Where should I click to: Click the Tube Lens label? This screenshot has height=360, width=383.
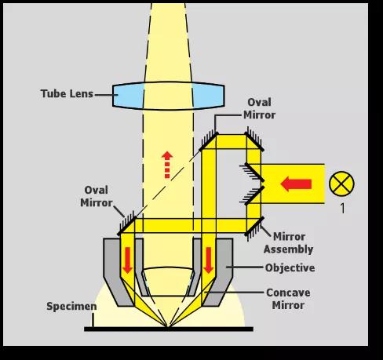point(67,93)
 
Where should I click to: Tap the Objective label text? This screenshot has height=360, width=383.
point(290,267)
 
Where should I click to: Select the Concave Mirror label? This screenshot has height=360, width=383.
point(288,299)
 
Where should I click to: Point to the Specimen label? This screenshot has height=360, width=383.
point(71,306)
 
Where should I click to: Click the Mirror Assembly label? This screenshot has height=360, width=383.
point(289,243)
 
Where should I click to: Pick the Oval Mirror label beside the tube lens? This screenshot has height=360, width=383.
point(259,108)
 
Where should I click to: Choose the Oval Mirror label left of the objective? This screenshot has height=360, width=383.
point(97,196)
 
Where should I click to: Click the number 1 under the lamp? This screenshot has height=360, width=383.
point(342,208)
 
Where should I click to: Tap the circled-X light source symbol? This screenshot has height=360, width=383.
point(341,184)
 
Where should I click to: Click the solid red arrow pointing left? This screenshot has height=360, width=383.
point(296,184)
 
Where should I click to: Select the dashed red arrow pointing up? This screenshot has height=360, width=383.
point(167,165)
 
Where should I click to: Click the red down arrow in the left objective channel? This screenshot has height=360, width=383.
point(127,260)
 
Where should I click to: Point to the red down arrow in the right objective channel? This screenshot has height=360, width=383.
point(209,260)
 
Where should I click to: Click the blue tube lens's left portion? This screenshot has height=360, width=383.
point(128,95)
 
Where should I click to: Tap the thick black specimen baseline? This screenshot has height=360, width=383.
point(169,329)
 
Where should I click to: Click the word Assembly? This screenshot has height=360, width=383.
point(289,249)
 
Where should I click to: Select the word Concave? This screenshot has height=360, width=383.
point(288,293)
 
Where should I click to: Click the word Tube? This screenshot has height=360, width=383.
point(53,93)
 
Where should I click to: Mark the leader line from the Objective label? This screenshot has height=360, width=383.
point(245,267)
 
